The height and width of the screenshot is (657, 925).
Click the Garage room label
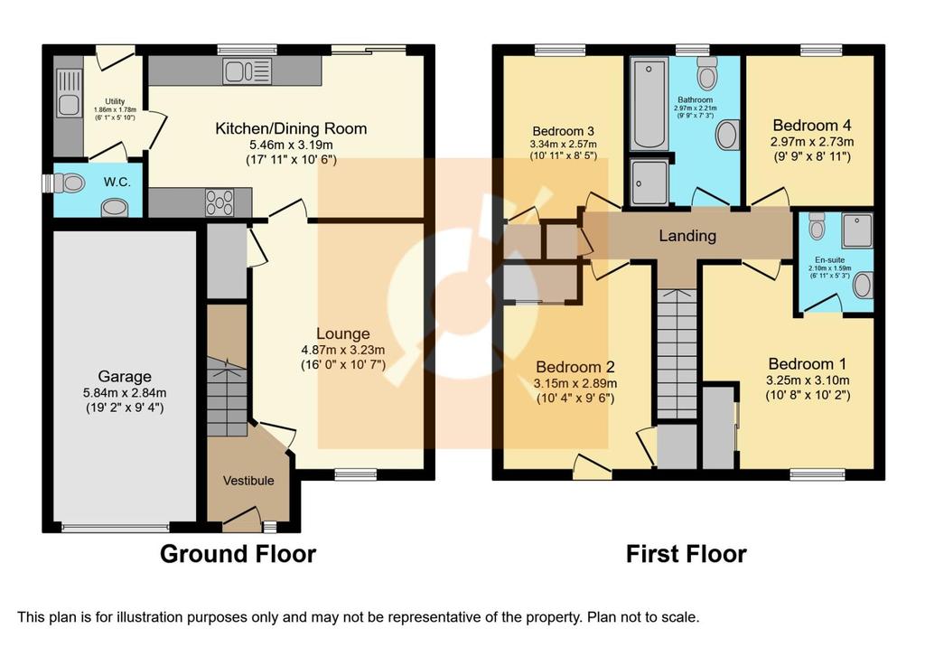coord(125,377)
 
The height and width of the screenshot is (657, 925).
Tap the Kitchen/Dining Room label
coord(291,128)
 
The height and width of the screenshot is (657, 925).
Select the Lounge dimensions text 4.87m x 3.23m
coord(342,350)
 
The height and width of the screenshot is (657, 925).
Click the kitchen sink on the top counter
coord(248,72)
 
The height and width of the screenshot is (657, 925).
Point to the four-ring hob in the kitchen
coord(220,202)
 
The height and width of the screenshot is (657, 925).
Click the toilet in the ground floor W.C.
coord(68,183)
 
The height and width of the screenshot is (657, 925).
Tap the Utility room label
coord(115,101)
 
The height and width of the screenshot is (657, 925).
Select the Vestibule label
coord(248,481)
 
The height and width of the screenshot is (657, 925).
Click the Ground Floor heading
coord(238,554)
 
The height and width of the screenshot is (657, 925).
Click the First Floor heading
coord(687,554)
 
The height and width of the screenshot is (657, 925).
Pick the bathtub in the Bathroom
coord(649,104)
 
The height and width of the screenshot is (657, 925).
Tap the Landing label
coord(687,236)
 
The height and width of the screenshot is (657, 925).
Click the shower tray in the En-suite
coord(857,230)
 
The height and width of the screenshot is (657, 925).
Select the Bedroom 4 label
coord(812,125)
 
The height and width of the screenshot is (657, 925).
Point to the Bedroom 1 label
coord(807,363)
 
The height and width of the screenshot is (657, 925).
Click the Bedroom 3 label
coord(563,131)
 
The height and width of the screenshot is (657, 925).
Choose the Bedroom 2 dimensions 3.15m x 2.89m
coord(575,383)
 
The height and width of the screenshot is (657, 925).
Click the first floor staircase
coord(677,354)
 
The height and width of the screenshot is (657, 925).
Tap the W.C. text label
coord(117,183)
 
